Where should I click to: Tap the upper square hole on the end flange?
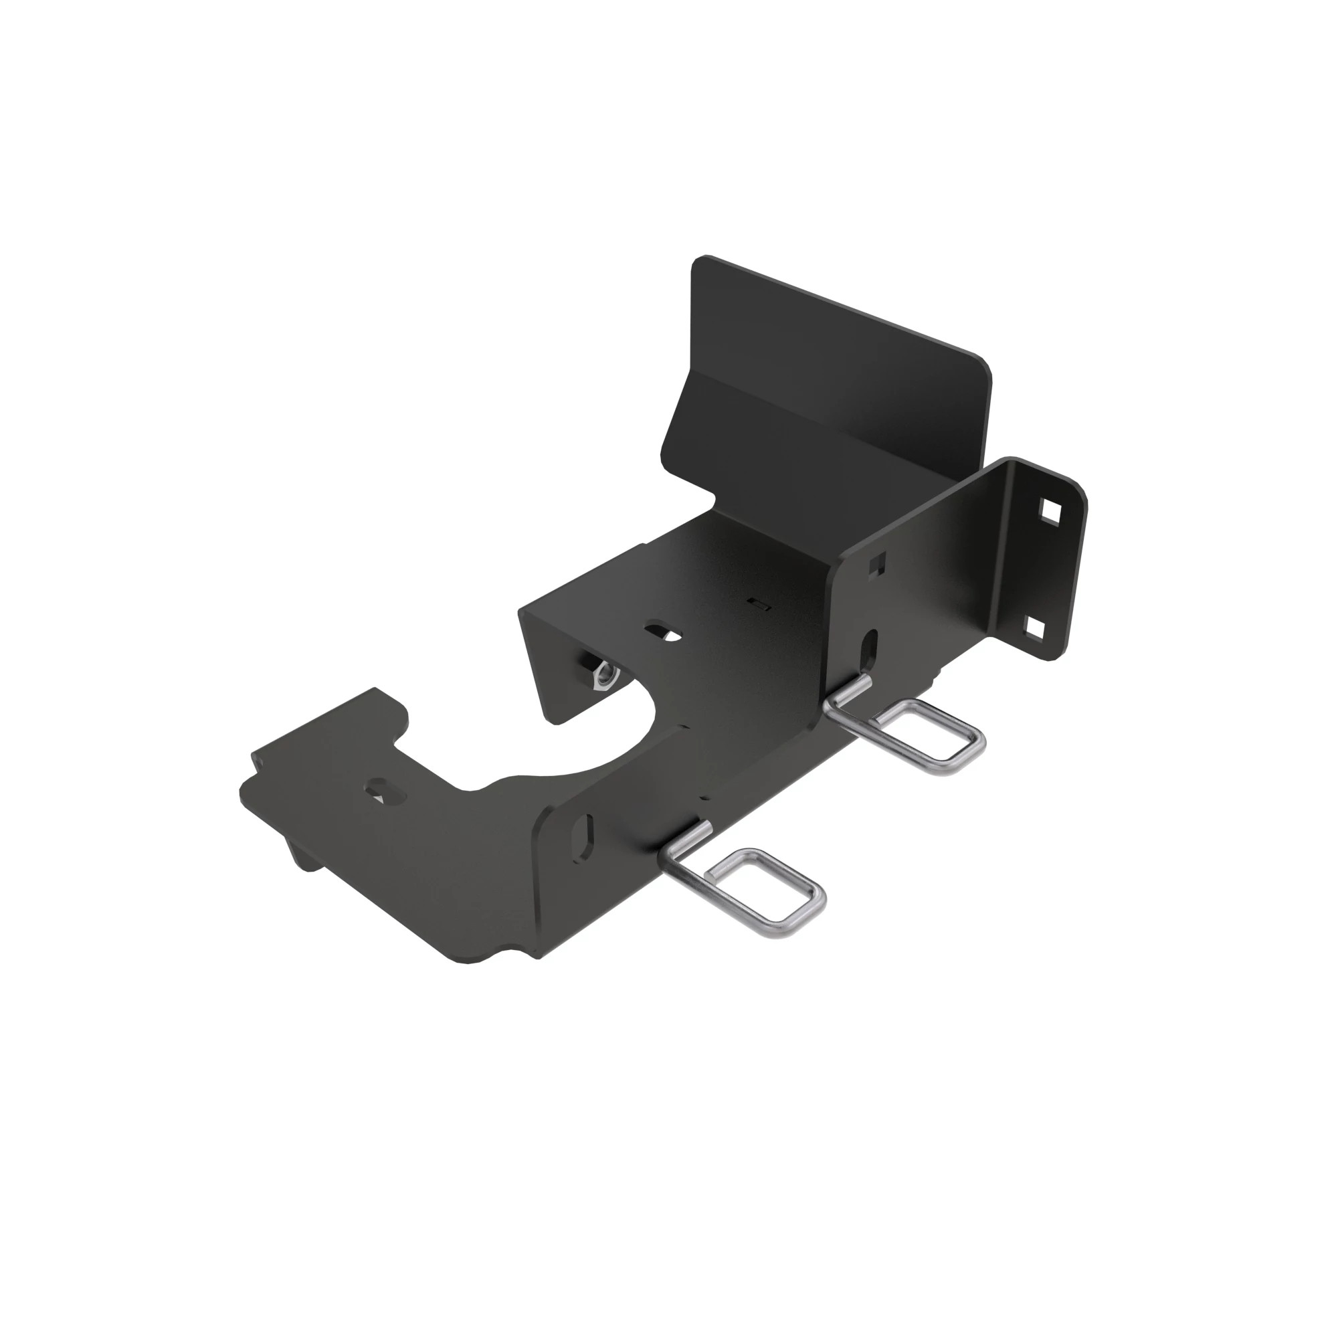point(1050,513)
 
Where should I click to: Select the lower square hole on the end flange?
point(1034,627)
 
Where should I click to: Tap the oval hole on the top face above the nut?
point(663,631)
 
